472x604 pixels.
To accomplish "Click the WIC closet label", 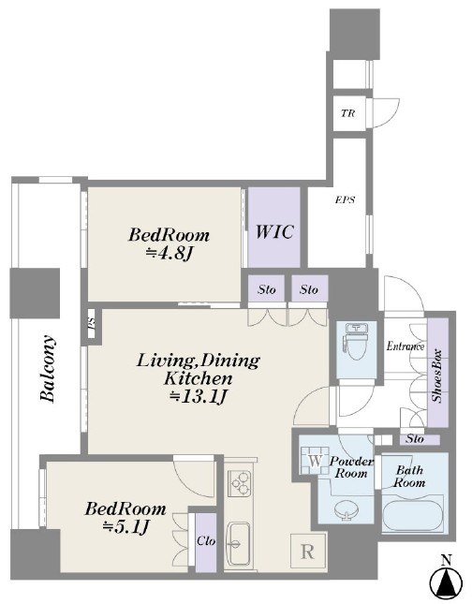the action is click(x=274, y=231).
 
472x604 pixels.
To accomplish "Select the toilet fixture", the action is click(x=357, y=340).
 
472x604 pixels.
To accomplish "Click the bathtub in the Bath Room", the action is click(x=412, y=515).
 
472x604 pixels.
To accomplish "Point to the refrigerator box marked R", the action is click(x=307, y=552).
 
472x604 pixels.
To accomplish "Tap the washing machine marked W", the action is click(x=315, y=461).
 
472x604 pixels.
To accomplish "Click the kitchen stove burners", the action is click(x=239, y=482).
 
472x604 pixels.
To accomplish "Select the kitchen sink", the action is click(x=237, y=543).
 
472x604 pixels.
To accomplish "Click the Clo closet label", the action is click(x=206, y=541).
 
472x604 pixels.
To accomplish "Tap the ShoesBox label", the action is click(x=437, y=376).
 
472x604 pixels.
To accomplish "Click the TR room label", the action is click(x=348, y=113).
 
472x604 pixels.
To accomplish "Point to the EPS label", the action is click(x=345, y=199).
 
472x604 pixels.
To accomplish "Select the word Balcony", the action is click(x=48, y=369).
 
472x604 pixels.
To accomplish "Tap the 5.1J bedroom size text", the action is click(x=125, y=526).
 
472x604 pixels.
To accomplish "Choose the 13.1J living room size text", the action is click(x=198, y=397).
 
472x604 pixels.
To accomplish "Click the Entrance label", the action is click(x=406, y=346).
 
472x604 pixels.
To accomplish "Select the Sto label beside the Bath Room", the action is click(x=416, y=439).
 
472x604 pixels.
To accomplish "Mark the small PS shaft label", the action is click(x=92, y=323).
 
